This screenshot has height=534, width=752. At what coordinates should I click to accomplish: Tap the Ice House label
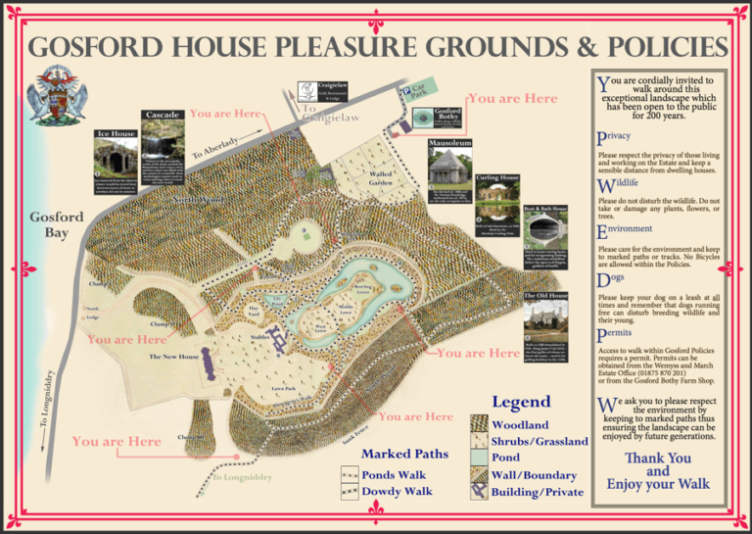coord(115,133)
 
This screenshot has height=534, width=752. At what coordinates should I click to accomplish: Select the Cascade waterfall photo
coord(162,142)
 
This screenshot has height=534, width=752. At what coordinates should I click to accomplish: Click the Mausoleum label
coord(449,142)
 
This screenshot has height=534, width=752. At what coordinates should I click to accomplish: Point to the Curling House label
coord(498,178)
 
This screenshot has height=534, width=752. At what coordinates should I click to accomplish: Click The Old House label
coord(545,295)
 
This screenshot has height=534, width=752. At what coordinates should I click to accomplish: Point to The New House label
coord(173,357)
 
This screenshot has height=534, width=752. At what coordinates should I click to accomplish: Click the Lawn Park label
coord(285,389)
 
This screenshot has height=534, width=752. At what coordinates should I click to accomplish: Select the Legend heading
coord(521,402)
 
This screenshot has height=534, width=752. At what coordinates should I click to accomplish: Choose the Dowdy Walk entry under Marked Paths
coord(398,491)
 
